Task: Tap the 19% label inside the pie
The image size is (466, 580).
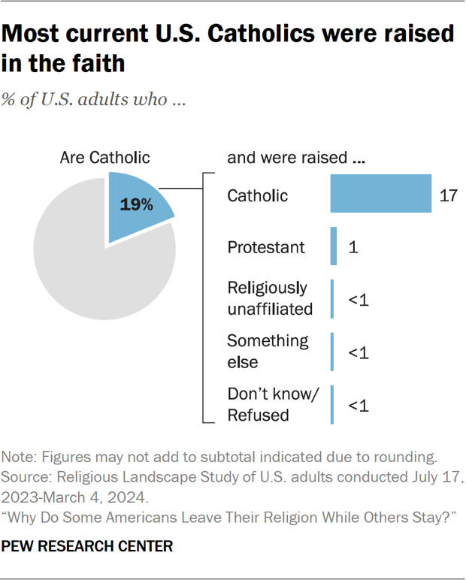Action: [x=136, y=204]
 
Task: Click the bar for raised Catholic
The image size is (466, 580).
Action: [x=380, y=195]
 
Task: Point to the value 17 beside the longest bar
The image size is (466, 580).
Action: [x=448, y=195]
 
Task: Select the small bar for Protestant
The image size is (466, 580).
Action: [x=334, y=246]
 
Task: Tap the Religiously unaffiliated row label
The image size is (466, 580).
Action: [x=268, y=298]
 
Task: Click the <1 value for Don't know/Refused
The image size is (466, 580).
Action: [x=358, y=406]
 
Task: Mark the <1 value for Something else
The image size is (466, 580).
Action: [x=358, y=353]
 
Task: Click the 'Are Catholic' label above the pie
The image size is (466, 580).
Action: [x=104, y=158]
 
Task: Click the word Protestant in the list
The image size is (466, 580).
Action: [x=266, y=246]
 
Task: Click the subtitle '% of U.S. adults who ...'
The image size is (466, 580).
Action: [x=94, y=100]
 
